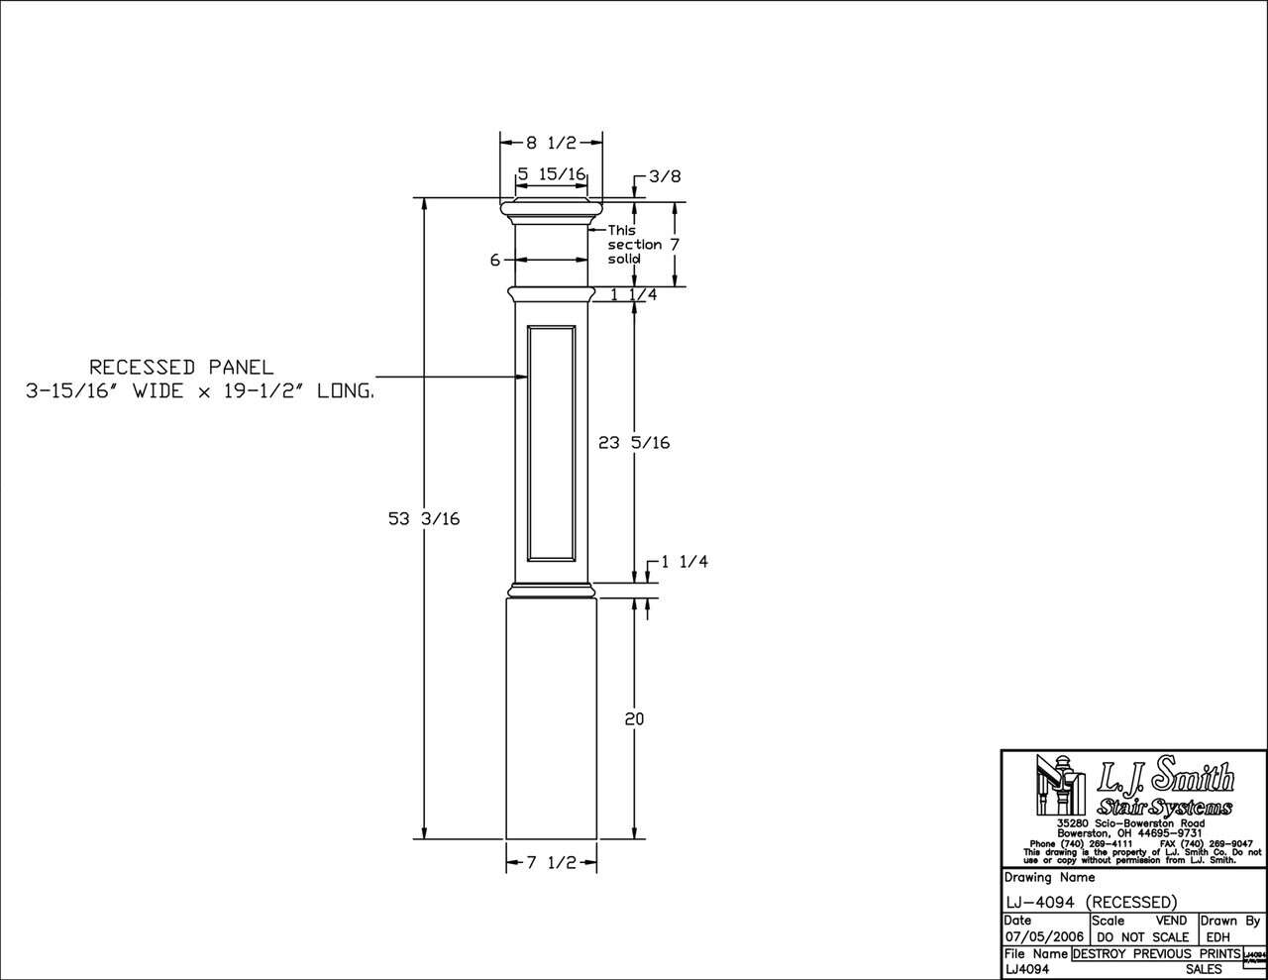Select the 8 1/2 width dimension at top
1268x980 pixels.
point(551,142)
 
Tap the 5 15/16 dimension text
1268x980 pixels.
point(552,173)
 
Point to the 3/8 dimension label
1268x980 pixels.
point(666,176)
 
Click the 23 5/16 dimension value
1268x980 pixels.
point(634,443)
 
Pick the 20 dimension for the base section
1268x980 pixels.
point(634,718)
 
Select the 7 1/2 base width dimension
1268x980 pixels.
point(551,863)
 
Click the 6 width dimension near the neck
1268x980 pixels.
point(493,260)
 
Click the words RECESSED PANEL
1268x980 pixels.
point(180,368)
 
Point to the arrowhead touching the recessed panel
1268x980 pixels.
point(521,377)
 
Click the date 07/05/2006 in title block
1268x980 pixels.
point(1044,936)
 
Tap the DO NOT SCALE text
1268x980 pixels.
point(1143,936)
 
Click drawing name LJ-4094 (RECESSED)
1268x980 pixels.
point(1091,902)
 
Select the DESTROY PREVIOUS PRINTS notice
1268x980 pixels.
point(1155,953)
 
